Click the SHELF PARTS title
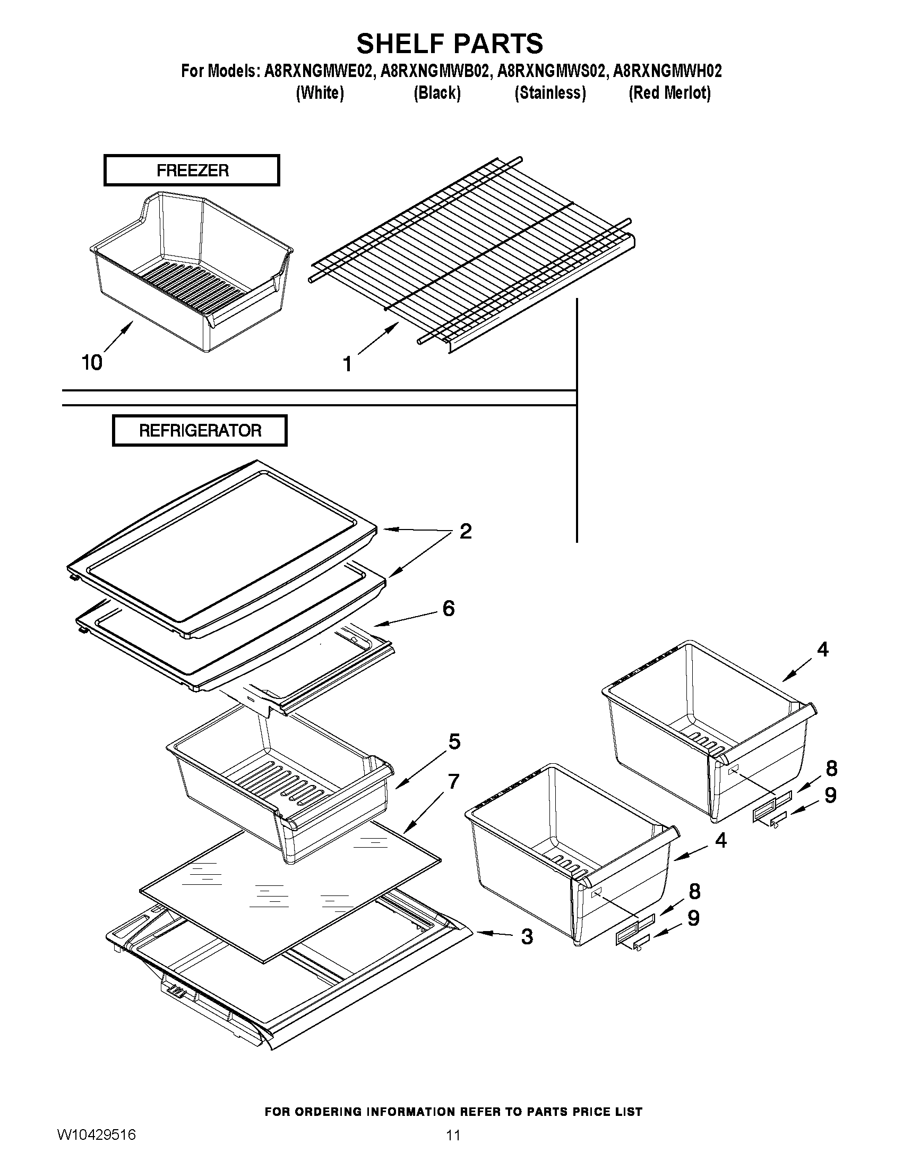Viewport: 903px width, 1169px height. coord(449,44)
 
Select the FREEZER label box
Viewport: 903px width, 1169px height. coord(192,170)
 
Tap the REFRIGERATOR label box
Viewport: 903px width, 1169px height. coord(200,430)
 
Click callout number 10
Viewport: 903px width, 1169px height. coord(91,363)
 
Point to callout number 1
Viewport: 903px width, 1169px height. coord(347,364)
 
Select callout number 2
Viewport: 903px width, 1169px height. coord(466,532)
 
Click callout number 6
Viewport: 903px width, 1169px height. coord(448,609)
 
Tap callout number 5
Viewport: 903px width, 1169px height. coord(454,742)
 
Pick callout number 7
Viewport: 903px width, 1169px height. coord(453,782)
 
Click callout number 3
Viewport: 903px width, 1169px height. coord(527,937)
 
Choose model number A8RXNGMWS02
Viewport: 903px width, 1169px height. coord(552,71)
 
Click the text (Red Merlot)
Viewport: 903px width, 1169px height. coord(669,93)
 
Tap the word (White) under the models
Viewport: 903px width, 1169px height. coord(320,93)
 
